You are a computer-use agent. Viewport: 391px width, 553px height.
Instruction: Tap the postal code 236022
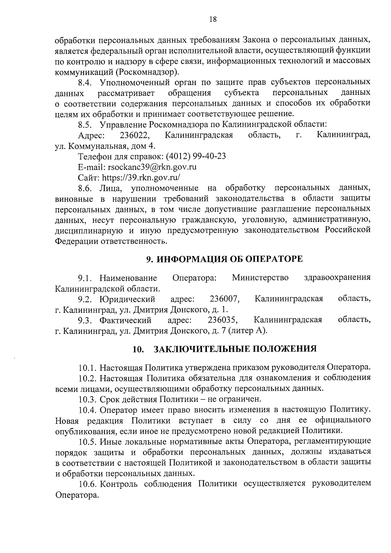135,135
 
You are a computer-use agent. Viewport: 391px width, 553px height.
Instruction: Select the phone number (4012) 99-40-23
196,156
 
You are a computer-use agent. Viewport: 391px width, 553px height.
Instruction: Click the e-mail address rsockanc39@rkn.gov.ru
152,167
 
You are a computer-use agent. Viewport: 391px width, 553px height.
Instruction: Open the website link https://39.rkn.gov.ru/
141,178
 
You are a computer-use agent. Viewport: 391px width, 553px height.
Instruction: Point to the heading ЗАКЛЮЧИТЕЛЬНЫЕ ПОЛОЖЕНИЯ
235,349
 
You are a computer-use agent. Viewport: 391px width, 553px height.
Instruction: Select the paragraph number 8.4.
86,82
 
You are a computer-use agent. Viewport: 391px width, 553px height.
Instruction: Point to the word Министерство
260,278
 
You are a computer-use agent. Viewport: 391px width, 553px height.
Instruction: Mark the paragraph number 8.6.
86,189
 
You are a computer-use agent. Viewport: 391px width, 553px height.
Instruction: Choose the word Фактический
125,320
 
